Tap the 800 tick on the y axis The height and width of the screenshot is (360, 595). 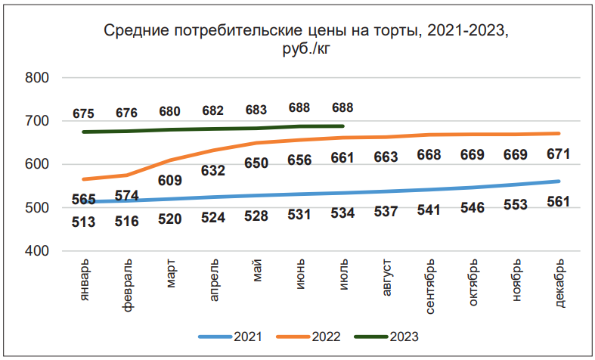tap(37, 78)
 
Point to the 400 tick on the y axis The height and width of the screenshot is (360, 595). tap(37, 251)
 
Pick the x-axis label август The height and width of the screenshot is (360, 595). tap(386, 279)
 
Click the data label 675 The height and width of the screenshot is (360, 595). tap(83, 113)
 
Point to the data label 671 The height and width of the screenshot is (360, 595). tap(558, 154)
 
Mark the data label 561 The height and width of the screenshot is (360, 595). tap(558, 201)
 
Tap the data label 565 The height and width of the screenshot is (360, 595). tap(83, 200)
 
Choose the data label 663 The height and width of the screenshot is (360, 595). tap(386, 157)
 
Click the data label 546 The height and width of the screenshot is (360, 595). tap(472, 206)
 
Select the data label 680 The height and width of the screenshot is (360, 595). tap(169, 111)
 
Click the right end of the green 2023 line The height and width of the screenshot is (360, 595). tap(342, 126)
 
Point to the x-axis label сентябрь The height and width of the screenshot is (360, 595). tap(429, 287)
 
